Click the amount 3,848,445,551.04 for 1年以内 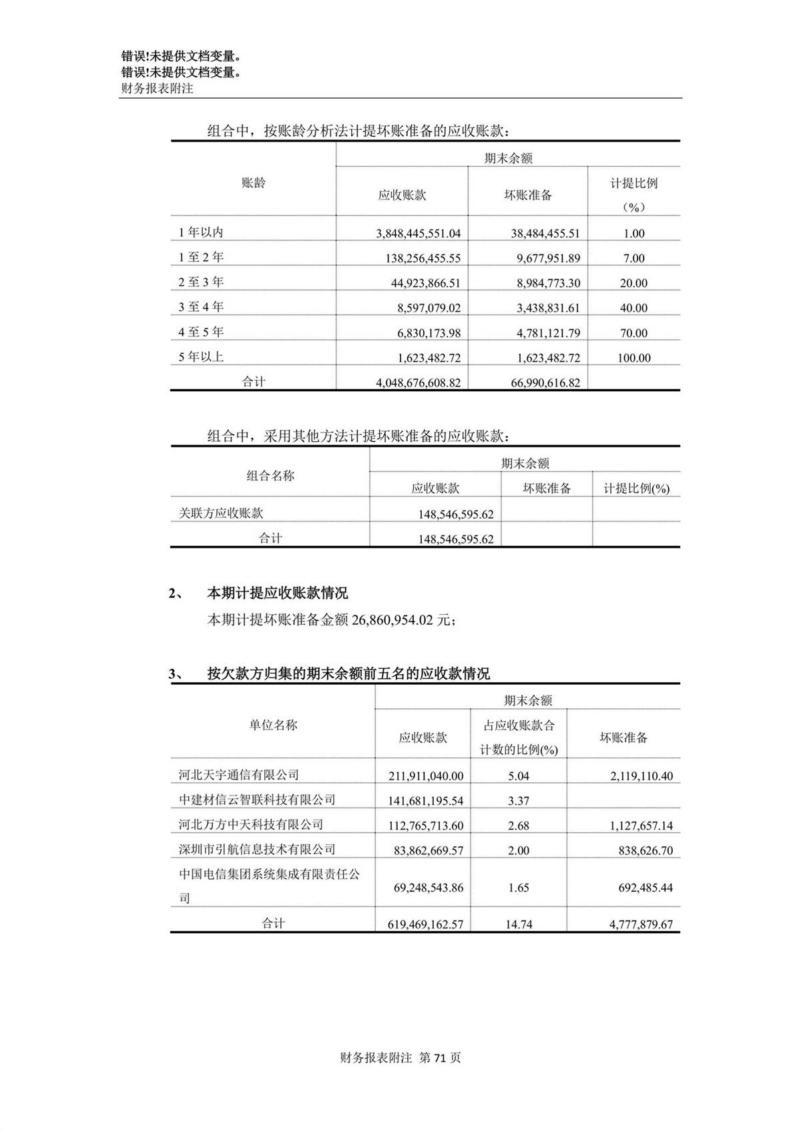(418, 234)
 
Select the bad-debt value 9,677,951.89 (548, 258)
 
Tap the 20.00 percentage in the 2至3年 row (633, 283)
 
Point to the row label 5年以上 (201, 357)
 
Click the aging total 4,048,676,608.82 (418, 383)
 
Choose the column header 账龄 (253, 183)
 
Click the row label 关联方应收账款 (221, 513)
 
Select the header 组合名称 (270, 476)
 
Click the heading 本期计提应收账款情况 (277, 593)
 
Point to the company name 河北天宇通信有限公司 (238, 775)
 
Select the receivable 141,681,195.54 (426, 801)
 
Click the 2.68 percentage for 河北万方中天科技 (518, 826)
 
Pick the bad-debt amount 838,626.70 (641, 850)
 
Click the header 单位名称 (273, 725)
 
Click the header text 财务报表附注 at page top (157, 88)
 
